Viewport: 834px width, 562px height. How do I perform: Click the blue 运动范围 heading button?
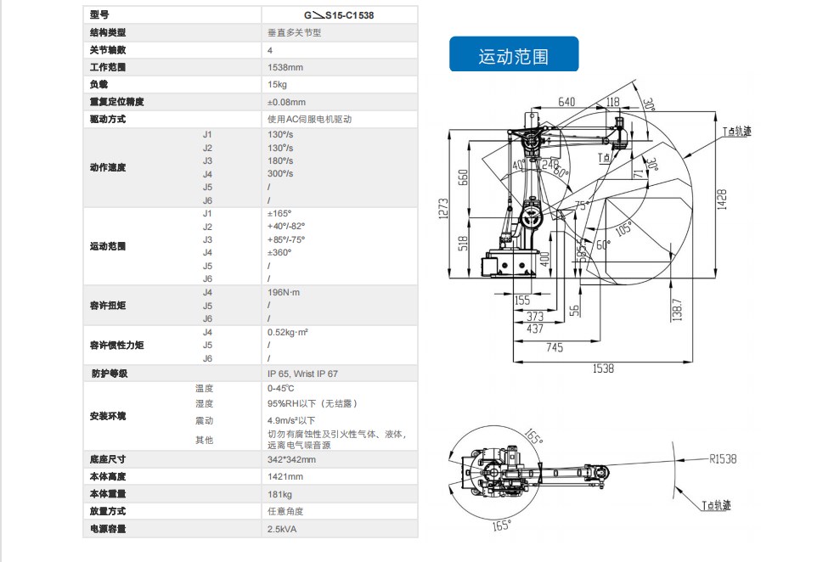tap(513, 55)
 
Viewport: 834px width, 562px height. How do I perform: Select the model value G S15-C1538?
tap(339, 14)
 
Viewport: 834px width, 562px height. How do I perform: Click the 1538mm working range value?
tap(285, 67)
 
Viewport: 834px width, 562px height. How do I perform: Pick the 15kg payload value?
tap(277, 84)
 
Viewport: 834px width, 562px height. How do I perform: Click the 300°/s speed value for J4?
tap(280, 173)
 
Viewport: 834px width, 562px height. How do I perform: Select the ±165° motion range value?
tap(279, 213)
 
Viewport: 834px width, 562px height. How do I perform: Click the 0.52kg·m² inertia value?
tap(287, 332)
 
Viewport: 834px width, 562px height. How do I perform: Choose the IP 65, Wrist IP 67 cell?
tap(307, 373)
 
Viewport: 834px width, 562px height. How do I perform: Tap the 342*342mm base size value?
tap(291, 459)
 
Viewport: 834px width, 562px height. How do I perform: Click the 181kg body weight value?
tap(279, 494)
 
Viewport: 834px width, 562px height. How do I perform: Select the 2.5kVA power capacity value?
tap(282, 529)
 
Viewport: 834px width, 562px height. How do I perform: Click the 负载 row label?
tap(99, 84)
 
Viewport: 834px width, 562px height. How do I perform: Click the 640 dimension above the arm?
tap(566, 102)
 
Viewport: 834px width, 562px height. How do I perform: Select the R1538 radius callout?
tap(723, 458)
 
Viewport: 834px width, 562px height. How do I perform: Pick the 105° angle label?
tap(623, 228)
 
